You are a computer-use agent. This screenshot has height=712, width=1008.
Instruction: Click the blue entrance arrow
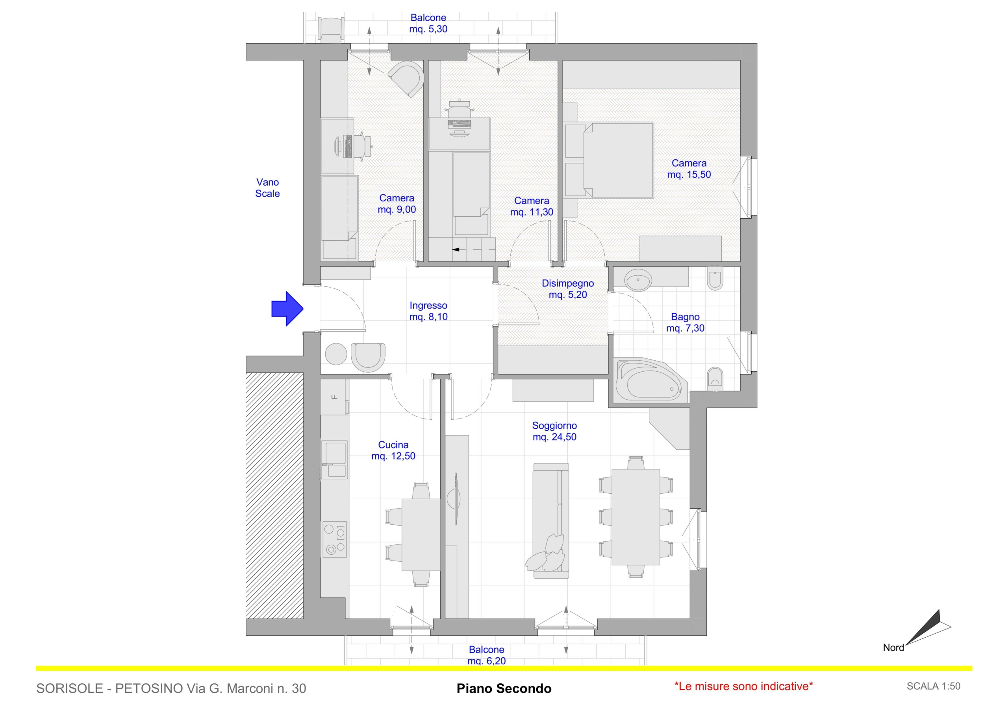(x=287, y=309)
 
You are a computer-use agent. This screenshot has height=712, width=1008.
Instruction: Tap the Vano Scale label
(x=267, y=188)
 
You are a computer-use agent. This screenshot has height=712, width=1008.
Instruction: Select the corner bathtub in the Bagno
(x=648, y=380)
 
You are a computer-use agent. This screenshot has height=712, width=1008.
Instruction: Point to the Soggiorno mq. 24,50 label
(x=554, y=431)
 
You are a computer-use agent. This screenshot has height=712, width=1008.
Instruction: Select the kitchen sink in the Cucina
(x=334, y=460)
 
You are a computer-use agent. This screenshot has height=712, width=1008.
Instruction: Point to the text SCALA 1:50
(x=933, y=686)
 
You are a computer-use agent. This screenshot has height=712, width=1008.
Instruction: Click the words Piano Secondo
(x=504, y=688)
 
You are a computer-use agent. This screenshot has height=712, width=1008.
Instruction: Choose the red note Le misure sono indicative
(x=744, y=686)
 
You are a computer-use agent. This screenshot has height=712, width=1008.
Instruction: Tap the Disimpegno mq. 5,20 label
(x=568, y=289)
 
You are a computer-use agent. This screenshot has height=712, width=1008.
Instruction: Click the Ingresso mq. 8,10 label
(x=428, y=311)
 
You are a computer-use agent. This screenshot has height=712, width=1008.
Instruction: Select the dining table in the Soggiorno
(x=636, y=517)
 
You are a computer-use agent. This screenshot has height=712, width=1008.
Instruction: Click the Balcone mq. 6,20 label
(x=486, y=655)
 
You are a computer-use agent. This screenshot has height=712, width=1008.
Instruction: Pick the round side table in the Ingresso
(x=336, y=354)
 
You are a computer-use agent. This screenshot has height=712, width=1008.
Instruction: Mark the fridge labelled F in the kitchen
(x=335, y=397)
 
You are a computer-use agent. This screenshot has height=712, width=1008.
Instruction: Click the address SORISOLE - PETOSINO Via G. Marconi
(x=171, y=688)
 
